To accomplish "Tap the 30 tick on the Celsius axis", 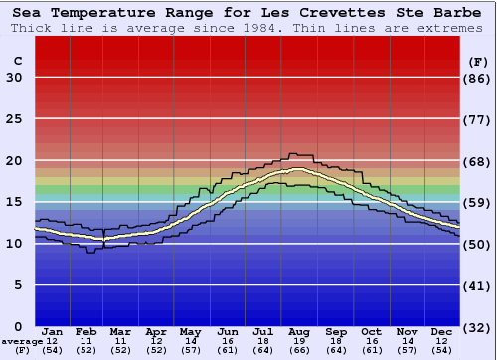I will pos(14,78).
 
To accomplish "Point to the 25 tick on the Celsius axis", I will pos(14,119).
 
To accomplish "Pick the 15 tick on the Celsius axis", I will pos(14,203).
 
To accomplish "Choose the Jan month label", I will pos(53,331).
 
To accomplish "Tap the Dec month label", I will pos(442,331).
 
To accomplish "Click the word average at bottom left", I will pos(22,341).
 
